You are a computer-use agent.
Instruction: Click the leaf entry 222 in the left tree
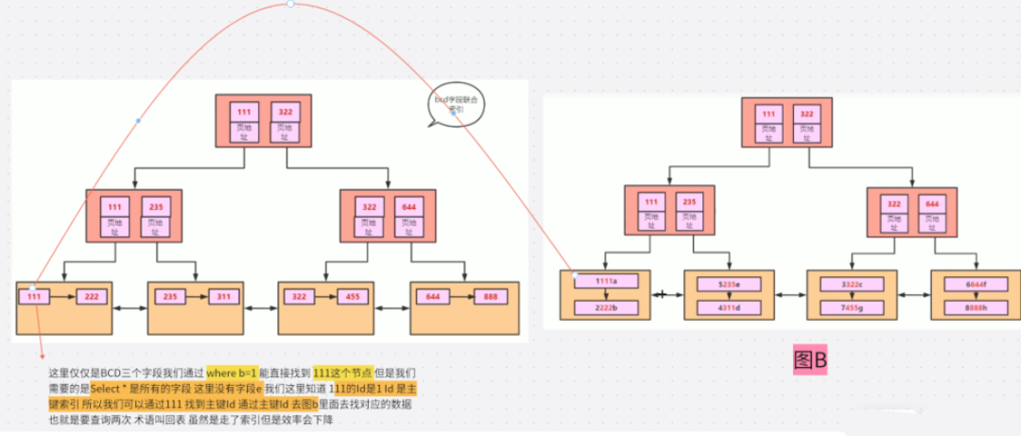point(93,297)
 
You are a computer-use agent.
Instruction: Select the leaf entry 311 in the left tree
point(225,297)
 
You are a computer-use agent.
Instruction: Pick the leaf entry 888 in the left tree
point(490,297)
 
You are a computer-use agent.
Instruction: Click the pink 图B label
point(810,360)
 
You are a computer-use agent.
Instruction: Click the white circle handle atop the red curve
point(290,4)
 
